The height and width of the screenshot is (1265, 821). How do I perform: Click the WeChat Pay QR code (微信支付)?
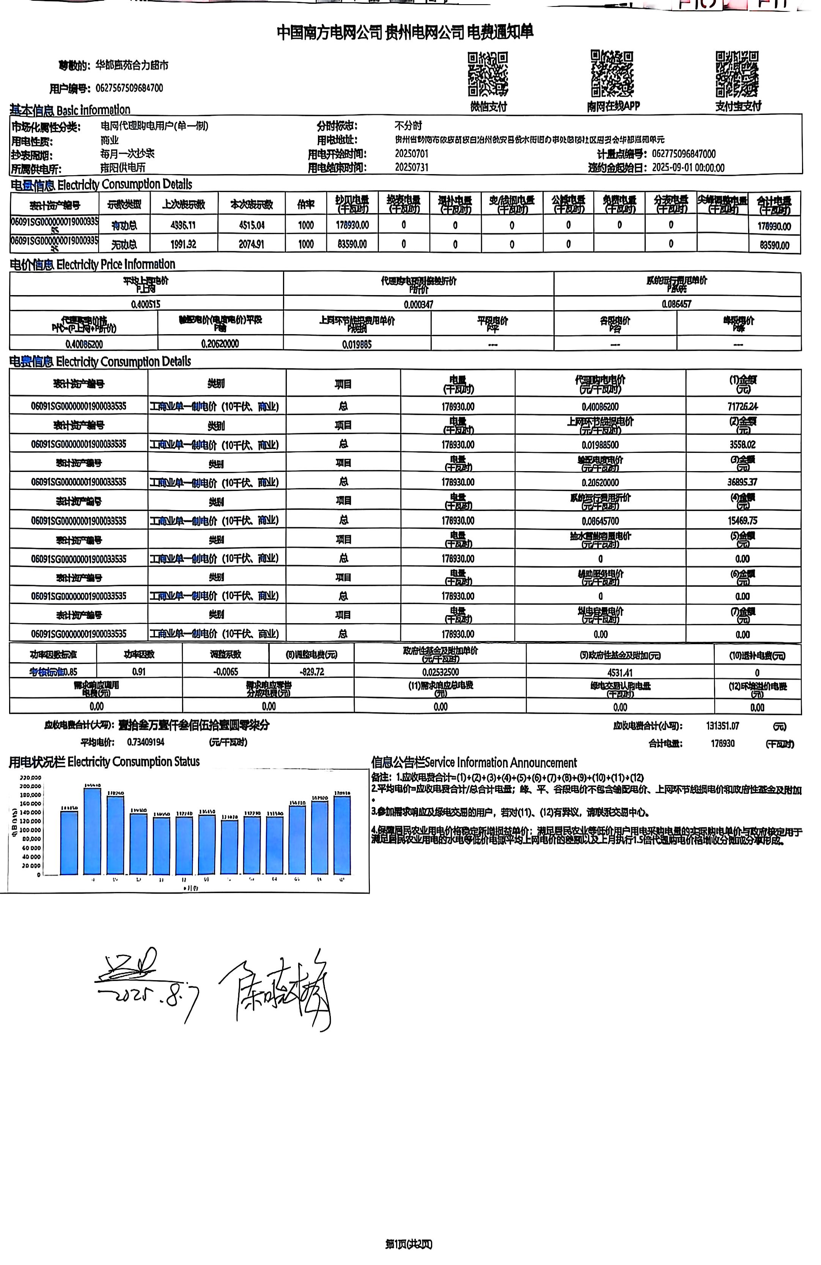(488, 74)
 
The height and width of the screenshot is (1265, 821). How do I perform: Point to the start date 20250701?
(412, 154)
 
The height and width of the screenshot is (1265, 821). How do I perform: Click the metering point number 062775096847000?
(684, 154)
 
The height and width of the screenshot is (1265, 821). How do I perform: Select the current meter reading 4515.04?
(252, 225)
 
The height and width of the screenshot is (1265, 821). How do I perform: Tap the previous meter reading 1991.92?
(184, 245)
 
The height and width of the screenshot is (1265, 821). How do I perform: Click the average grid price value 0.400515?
(146, 304)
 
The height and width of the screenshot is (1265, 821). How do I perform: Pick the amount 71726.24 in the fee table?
(742, 407)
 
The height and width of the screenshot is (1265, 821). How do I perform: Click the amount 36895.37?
(742, 482)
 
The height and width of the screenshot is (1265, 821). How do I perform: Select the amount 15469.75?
(742, 521)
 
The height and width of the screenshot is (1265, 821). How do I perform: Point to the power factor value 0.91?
(139, 672)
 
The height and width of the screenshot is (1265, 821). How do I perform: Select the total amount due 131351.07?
(723, 726)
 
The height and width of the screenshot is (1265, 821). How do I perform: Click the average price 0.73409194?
(146, 742)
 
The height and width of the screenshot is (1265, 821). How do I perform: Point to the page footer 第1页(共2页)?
(409, 1244)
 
